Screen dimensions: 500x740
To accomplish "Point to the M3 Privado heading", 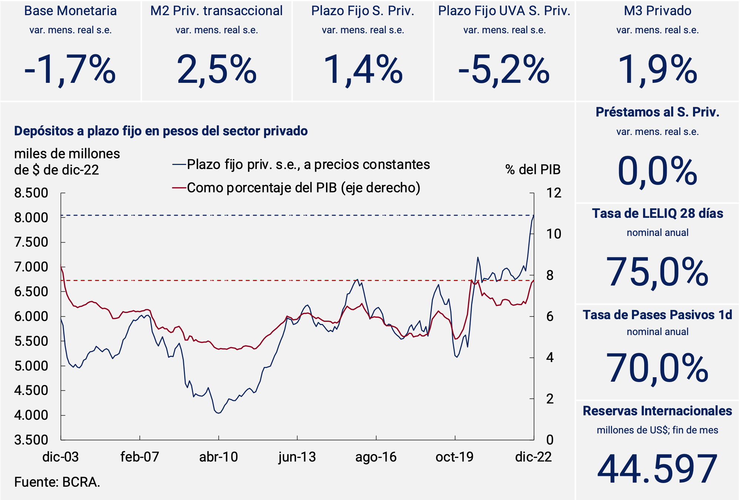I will pos(657,11).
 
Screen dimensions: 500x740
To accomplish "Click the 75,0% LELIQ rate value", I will pos(657,272).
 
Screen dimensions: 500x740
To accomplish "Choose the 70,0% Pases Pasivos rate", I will pos(657,368).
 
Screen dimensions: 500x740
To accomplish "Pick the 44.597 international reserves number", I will pos(657,469).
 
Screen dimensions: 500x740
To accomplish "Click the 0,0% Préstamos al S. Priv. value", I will pos(657,171).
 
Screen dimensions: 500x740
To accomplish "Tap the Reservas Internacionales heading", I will pos(657,411).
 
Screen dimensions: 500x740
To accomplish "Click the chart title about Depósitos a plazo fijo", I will pos(161,131).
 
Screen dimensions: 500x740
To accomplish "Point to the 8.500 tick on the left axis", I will pos(31,193).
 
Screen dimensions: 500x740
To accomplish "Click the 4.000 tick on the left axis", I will pos(31,415).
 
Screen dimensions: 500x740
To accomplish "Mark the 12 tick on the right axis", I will pos(554,193).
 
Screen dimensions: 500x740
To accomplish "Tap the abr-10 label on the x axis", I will pos(218,457).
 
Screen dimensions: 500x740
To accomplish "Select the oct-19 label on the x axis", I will pos(454,457).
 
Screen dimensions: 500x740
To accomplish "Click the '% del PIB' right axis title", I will pos(533,170).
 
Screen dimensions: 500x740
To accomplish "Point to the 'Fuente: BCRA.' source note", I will pos(57,482).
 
